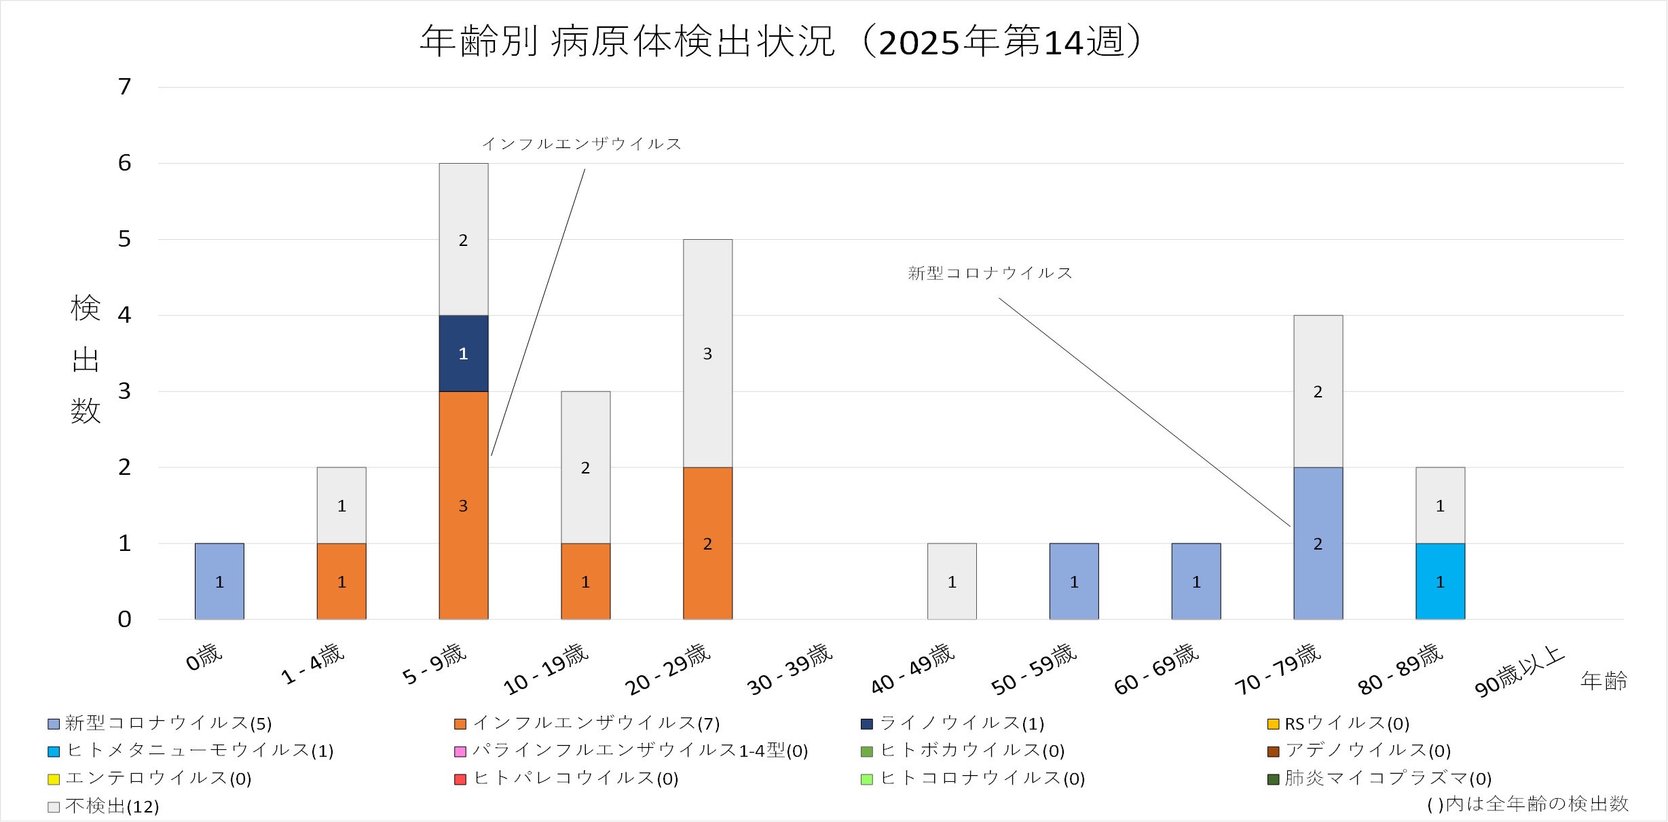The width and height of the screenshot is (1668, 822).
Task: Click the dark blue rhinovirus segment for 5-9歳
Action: pos(463,353)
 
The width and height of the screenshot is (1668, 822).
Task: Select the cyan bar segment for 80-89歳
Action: pos(1440,582)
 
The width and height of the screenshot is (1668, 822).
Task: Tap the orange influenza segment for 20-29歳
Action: pos(707,543)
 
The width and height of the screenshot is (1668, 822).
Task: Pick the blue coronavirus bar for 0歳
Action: pos(219,582)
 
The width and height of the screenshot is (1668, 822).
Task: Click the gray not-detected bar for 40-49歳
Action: pos(952,582)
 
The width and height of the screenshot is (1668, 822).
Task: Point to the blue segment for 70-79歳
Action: pos(1318,543)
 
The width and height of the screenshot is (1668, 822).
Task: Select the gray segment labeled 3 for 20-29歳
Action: pos(707,353)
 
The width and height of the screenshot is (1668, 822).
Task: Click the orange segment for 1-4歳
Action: pos(341,582)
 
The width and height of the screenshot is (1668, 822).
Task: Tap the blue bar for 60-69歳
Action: pos(1196,582)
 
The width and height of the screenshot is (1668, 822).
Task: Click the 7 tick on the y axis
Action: pos(124,87)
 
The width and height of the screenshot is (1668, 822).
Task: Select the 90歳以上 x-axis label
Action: pos(1519,673)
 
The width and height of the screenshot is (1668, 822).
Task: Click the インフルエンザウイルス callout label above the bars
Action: pos(581,144)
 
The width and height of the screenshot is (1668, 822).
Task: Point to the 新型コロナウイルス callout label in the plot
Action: pos(990,273)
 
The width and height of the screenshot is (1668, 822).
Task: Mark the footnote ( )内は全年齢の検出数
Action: pos(1527,804)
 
